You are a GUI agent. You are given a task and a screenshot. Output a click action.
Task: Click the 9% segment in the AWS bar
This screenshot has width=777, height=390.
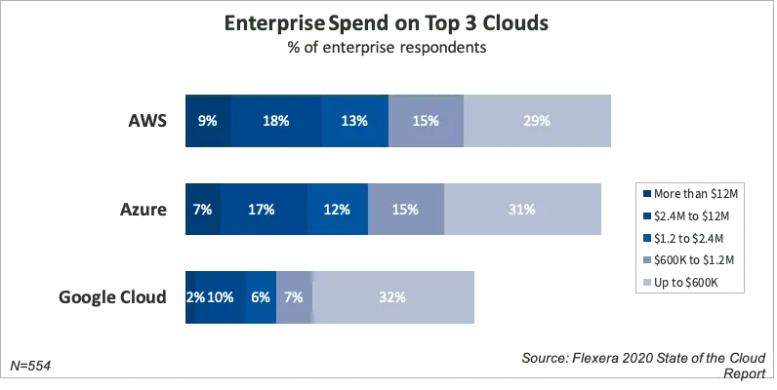(208, 122)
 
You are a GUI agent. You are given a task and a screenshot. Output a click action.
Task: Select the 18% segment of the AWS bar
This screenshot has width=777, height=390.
(277, 122)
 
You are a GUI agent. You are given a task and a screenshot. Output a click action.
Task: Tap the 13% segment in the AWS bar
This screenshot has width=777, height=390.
(354, 122)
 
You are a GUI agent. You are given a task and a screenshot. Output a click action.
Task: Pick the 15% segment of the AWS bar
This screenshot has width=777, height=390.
(426, 122)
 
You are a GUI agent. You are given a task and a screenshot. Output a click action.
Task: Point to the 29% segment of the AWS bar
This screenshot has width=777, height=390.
(538, 122)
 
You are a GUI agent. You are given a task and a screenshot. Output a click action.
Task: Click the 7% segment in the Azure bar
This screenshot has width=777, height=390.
(203, 209)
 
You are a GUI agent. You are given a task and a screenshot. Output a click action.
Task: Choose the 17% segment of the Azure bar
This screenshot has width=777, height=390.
(263, 209)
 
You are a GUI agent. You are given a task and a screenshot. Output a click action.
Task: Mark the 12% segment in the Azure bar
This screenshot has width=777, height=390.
(337, 209)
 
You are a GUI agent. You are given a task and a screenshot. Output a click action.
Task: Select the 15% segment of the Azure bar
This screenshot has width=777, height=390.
(405, 209)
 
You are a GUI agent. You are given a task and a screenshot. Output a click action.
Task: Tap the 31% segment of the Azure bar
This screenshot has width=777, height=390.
(522, 209)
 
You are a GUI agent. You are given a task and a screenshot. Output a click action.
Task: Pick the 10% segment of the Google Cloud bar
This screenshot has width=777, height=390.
(221, 296)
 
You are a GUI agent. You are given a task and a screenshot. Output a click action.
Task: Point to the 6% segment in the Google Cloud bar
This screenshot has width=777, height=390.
(261, 296)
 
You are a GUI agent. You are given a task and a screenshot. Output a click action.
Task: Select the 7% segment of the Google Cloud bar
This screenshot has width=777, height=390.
(294, 296)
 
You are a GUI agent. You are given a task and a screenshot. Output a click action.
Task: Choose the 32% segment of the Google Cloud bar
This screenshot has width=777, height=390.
(393, 296)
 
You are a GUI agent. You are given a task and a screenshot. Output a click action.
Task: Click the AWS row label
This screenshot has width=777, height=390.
(149, 122)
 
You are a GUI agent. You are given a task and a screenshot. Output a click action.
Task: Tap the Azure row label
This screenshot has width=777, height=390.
(143, 209)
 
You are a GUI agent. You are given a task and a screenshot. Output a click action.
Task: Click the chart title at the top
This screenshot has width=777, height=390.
(388, 21)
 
